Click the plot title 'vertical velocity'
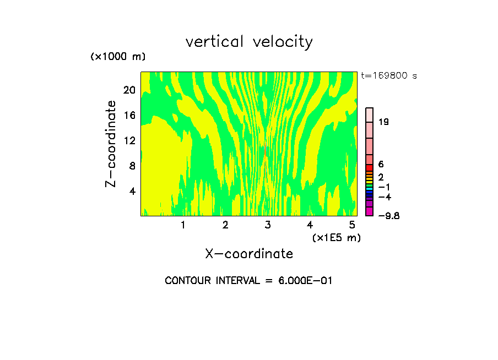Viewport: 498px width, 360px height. tap(249, 42)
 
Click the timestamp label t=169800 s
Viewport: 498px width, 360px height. tap(389, 75)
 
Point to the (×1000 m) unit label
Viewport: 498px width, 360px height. tap(117, 57)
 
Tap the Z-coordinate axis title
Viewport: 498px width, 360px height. tap(111, 144)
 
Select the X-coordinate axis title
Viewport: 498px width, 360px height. tap(249, 254)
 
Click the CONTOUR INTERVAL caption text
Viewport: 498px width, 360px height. tap(248, 281)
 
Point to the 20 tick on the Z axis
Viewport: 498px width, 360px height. tap(129, 90)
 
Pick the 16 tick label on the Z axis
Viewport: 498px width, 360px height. tap(129, 115)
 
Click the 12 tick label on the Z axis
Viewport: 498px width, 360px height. tap(129, 140)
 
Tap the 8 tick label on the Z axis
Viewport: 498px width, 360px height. tap(131, 165)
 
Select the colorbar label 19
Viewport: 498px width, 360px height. tap(384, 122)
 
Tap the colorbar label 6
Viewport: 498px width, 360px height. tap(381, 164)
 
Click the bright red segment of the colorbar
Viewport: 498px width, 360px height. tap(370, 168)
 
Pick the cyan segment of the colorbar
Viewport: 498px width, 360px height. tap(370, 189)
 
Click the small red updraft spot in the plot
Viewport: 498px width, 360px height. tap(266, 149)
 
